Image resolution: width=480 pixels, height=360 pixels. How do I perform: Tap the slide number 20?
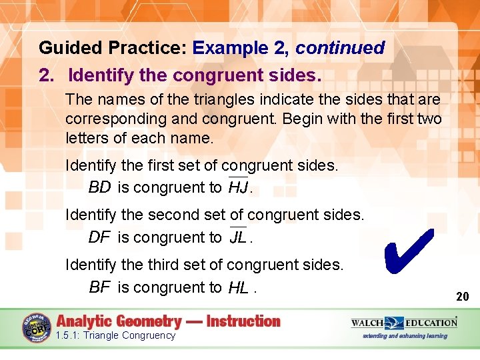coord(462,296)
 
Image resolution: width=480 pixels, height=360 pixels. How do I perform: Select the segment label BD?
coord(99,187)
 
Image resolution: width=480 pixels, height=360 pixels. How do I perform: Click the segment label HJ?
coord(238,188)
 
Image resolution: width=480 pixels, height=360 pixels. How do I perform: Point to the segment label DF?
coord(99,237)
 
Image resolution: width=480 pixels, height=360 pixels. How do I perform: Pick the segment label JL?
coord(238,238)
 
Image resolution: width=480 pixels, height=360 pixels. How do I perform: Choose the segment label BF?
coord(99,287)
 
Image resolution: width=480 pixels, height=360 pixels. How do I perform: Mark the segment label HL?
coord(238,288)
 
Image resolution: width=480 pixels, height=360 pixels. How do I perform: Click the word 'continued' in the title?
coord(340,48)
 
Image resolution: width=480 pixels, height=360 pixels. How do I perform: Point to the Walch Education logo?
coord(404,323)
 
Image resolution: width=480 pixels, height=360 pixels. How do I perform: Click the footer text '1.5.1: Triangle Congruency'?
coord(115,335)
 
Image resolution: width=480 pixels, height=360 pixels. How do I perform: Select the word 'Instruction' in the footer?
coord(243,321)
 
